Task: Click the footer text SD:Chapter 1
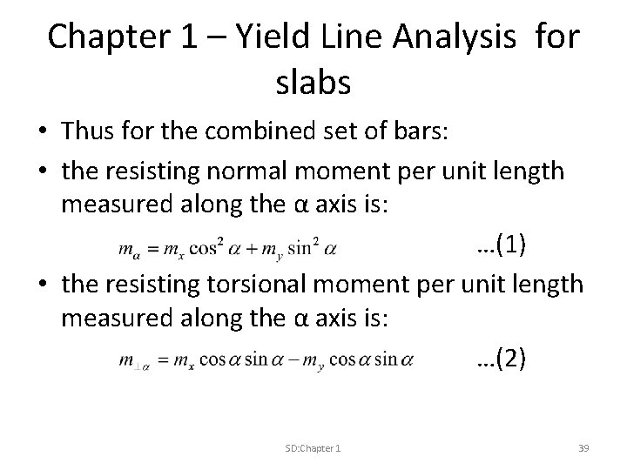coord(313,447)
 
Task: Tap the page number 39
coord(583,447)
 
